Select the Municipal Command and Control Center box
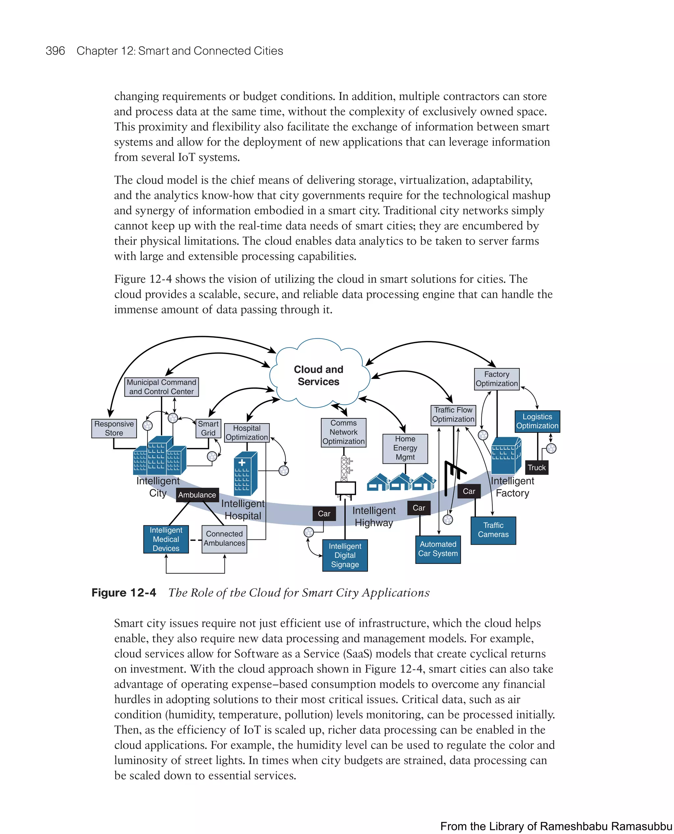161,387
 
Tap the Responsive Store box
114,428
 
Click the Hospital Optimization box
246,432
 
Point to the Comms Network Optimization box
343,432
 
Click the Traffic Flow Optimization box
453,415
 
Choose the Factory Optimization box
497,379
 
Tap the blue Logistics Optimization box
537,421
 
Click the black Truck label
536,467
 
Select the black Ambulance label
197,495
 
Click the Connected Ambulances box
224,539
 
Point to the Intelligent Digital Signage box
345,555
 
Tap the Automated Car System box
438,549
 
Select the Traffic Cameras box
493,530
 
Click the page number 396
55,51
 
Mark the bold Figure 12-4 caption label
123,592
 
